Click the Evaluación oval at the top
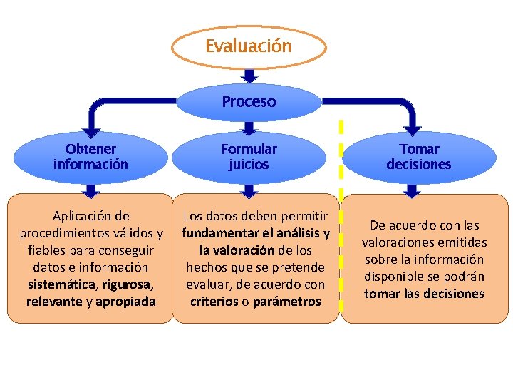(x=249, y=46)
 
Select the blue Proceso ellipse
(x=249, y=102)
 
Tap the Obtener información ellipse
(x=90, y=157)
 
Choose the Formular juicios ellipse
(x=249, y=157)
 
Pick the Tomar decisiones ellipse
(x=419, y=157)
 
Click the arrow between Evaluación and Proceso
(x=249, y=76)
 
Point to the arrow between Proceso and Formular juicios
(x=249, y=128)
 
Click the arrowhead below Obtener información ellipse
(x=90, y=190)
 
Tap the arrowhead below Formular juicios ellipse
(x=249, y=190)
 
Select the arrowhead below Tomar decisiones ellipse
(x=412, y=190)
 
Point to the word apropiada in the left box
(x=126, y=302)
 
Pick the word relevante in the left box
(x=54, y=302)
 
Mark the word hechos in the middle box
(x=207, y=267)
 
